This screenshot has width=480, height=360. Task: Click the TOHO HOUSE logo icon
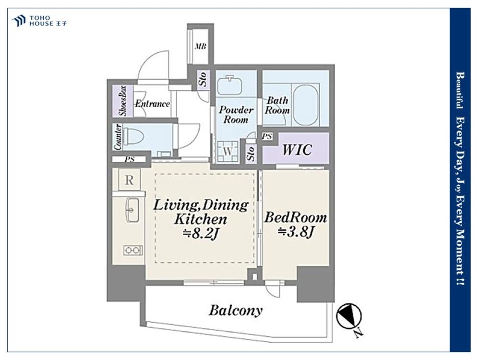pyautogui.click(x=18, y=21)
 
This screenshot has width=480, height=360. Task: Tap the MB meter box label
pyautogui.click(x=201, y=47)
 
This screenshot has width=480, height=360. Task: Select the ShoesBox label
pyautogui.click(x=123, y=101)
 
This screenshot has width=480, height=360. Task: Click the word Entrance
pyautogui.click(x=153, y=104)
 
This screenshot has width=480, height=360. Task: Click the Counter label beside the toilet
pyautogui.click(x=118, y=137)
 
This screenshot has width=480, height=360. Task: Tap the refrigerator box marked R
pyautogui.click(x=129, y=180)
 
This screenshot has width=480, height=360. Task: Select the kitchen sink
pyautogui.click(x=132, y=210)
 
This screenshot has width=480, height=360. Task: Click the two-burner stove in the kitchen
pyautogui.click(x=133, y=251)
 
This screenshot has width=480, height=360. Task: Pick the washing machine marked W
pyautogui.click(x=228, y=151)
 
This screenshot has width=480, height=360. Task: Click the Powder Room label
pyautogui.click(x=236, y=115)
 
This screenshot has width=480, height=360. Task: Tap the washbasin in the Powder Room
pyautogui.click(x=229, y=85)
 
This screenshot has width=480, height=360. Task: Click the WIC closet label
pyautogui.click(x=297, y=149)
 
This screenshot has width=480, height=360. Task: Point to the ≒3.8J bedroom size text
pyautogui.click(x=296, y=232)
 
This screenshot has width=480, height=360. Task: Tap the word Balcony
pyautogui.click(x=236, y=311)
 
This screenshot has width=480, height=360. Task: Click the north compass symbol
pyautogui.click(x=349, y=316)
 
